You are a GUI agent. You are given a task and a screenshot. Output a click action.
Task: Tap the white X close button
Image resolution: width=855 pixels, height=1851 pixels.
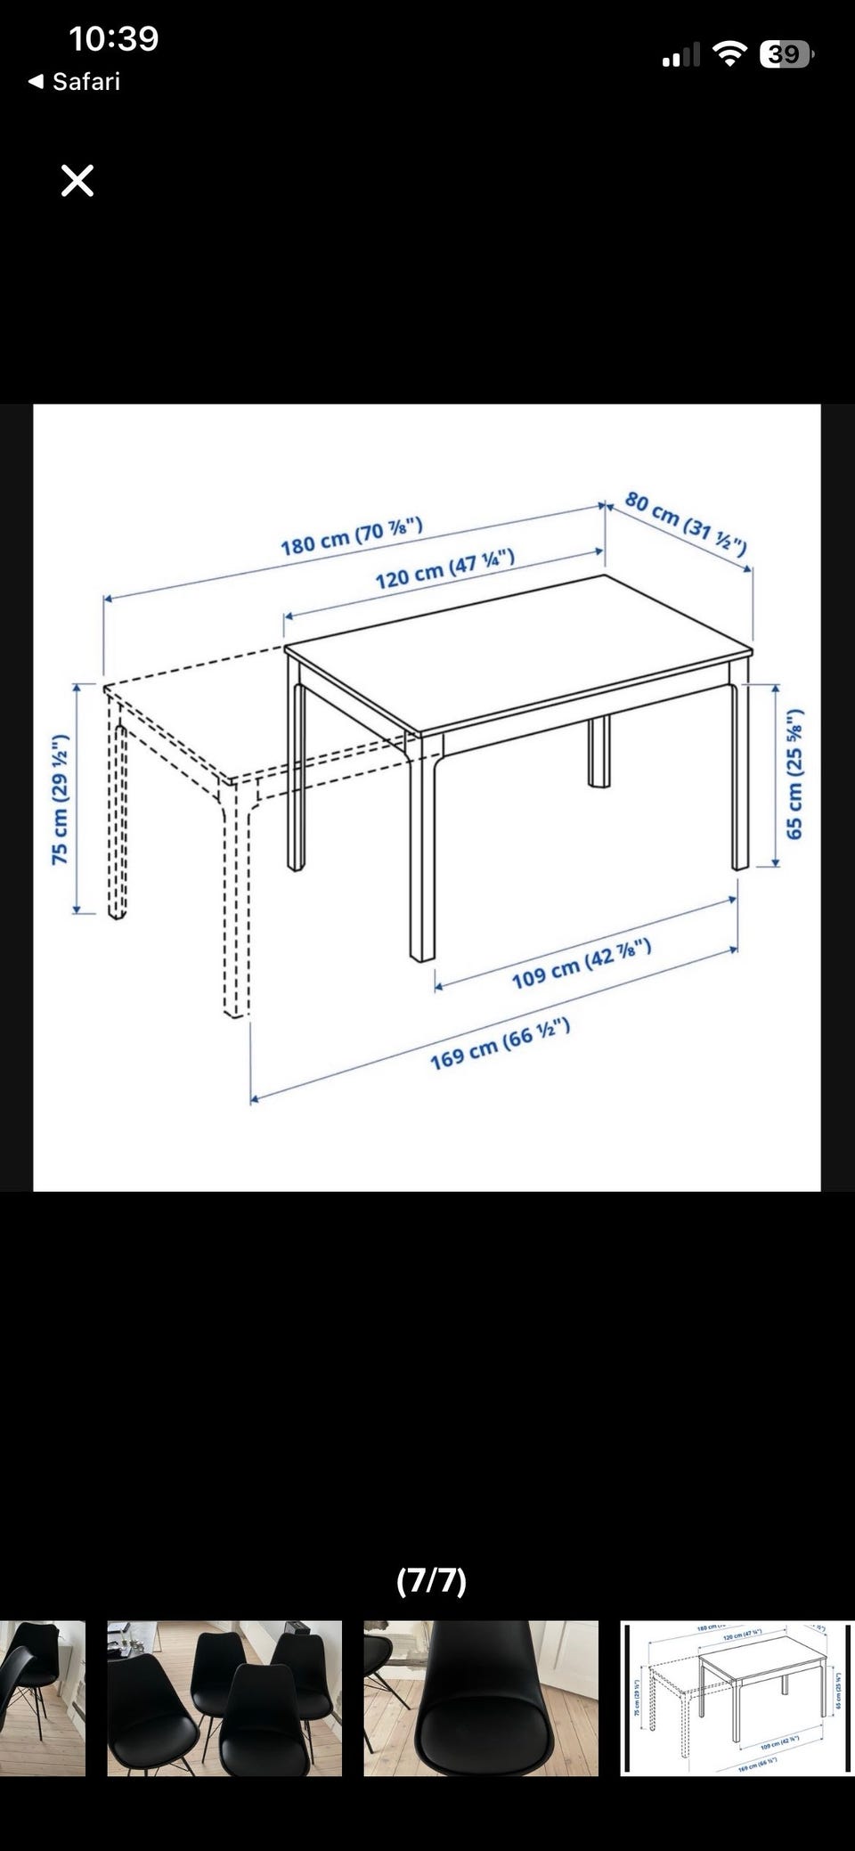click(x=77, y=181)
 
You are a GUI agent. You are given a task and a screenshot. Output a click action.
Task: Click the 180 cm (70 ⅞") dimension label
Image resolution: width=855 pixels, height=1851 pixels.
click(x=352, y=536)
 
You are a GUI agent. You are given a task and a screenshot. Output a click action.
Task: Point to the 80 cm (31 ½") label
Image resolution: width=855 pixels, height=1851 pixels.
click(x=686, y=522)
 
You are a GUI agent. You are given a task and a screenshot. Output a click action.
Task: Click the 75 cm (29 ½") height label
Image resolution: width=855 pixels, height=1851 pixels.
click(x=60, y=800)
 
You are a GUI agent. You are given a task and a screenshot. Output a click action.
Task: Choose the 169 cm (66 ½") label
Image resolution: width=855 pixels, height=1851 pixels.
click(x=500, y=1044)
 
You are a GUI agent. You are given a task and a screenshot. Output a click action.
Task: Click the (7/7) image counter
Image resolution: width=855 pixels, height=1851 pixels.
click(x=431, y=1580)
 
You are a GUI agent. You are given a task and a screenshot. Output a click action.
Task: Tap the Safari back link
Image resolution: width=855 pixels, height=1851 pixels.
click(x=75, y=82)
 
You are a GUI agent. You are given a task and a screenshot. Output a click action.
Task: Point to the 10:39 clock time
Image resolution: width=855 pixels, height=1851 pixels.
click(x=114, y=38)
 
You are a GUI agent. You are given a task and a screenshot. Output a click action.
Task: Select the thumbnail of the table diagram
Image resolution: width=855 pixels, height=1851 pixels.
click(x=737, y=1698)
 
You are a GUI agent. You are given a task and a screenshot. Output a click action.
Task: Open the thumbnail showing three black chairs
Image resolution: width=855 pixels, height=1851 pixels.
click(x=224, y=1698)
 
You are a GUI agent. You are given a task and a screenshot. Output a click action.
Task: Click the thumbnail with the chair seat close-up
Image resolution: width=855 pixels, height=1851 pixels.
click(x=481, y=1698)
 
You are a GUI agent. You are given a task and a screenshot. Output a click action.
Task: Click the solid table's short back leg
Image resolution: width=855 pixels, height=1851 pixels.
click(x=599, y=753)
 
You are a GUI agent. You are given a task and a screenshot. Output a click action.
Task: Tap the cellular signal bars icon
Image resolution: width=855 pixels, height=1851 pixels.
click(x=681, y=56)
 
